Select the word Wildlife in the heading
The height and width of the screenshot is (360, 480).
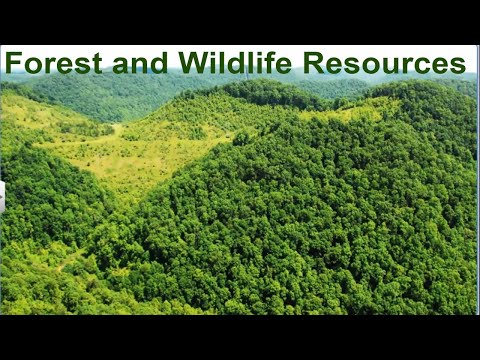237,63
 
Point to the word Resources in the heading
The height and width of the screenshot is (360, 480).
384,63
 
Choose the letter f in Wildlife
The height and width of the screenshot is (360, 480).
263,63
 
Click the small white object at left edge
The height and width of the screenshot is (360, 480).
2,196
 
